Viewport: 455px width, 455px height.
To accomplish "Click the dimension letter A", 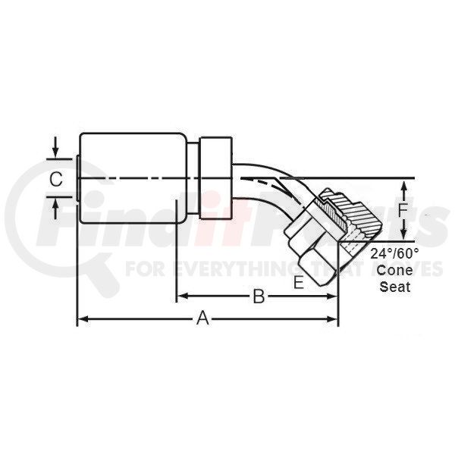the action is [202, 318].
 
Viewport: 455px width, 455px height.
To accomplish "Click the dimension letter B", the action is [259, 297].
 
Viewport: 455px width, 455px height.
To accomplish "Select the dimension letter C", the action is [56, 179].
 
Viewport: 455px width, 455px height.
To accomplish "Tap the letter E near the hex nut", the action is [299, 282].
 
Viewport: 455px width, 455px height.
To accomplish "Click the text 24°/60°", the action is [394, 254].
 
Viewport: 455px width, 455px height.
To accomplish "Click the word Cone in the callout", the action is [394, 271].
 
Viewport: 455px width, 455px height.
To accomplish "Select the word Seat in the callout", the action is [395, 287].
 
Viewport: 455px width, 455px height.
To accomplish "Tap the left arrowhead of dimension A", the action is [83, 319].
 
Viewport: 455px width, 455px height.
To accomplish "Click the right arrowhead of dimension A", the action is [331, 319].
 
